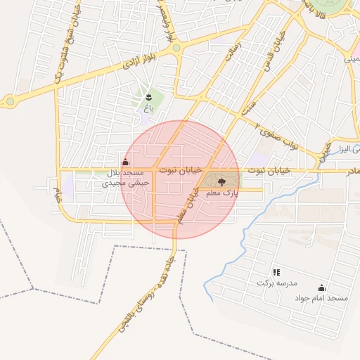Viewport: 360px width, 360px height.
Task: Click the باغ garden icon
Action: tap(148, 96)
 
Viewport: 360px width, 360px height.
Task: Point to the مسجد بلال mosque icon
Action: tap(125, 163)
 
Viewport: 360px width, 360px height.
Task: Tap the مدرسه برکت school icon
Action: tap(276, 271)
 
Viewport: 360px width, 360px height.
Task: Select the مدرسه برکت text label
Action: tap(273, 283)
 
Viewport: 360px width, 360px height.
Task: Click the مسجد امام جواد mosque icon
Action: tap(322, 288)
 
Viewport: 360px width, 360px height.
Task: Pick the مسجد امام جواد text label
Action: tap(322, 298)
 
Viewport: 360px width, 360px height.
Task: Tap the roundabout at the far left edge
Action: tap(10, 102)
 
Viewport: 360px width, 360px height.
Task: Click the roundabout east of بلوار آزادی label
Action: tap(176, 49)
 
